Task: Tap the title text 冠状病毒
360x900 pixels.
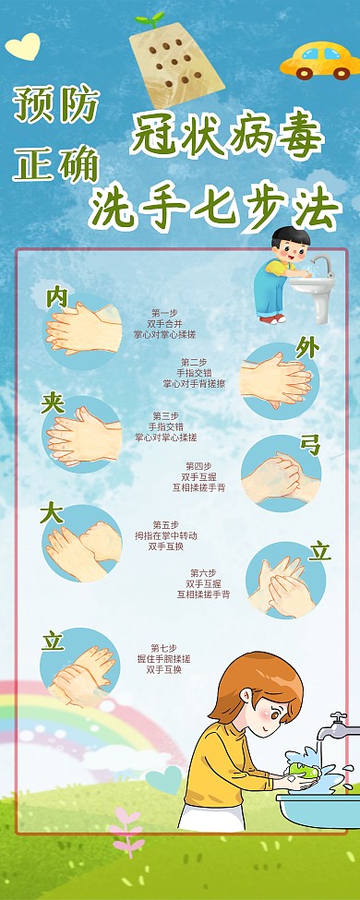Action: point(227,137)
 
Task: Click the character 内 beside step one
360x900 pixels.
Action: point(57,296)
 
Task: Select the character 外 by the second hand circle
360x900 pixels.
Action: point(307,348)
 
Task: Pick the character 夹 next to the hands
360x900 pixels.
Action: point(53,402)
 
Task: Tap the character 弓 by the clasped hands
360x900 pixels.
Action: point(309,445)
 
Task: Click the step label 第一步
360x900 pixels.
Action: point(164,313)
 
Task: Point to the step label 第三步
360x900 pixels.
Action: point(165,416)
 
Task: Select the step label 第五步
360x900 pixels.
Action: point(165,524)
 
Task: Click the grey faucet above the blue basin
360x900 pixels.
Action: point(339,725)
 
